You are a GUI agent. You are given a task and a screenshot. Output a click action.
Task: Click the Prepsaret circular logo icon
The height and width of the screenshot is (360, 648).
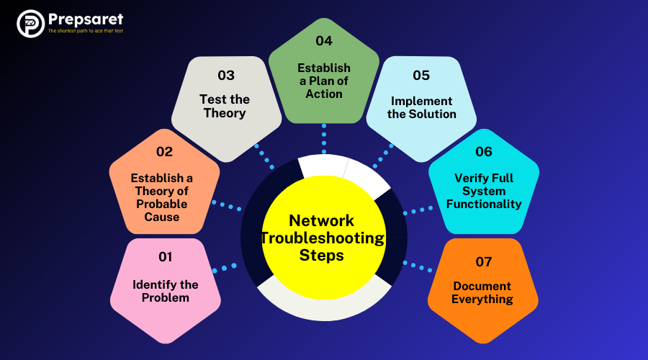pyautogui.click(x=30, y=24)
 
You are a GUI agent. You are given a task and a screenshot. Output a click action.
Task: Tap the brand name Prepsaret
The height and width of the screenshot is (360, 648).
pyautogui.click(x=85, y=19)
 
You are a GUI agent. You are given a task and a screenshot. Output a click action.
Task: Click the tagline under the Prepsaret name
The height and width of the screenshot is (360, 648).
pyautogui.click(x=85, y=32)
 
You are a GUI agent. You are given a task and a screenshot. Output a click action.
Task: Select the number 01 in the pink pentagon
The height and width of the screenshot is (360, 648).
pyautogui.click(x=166, y=257)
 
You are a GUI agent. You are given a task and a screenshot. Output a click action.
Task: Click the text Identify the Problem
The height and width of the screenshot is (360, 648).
pyautogui.click(x=166, y=291)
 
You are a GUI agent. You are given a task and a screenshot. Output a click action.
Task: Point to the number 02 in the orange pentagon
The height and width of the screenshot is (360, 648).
pyautogui.click(x=164, y=152)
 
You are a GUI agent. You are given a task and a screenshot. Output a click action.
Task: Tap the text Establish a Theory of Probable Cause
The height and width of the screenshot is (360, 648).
pyautogui.click(x=162, y=197)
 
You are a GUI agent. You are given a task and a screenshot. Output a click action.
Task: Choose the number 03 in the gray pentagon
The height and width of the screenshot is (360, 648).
pyautogui.click(x=226, y=75)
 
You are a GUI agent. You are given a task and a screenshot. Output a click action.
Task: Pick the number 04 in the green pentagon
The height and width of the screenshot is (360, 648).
pyautogui.click(x=324, y=41)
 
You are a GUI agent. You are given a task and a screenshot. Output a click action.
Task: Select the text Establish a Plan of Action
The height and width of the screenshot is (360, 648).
pyautogui.click(x=324, y=81)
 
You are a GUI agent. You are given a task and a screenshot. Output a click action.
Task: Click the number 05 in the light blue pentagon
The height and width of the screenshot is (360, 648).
pyautogui.click(x=421, y=75)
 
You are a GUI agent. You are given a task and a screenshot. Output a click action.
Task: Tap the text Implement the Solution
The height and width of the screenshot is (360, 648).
pyautogui.click(x=421, y=107)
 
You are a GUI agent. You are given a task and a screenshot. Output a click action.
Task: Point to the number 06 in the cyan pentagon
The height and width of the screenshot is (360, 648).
pyautogui.click(x=484, y=151)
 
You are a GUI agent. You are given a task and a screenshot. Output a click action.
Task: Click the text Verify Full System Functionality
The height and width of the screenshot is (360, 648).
pyautogui.click(x=484, y=191)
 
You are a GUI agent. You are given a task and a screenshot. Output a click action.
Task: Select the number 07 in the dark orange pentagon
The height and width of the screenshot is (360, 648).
pyautogui.click(x=484, y=261)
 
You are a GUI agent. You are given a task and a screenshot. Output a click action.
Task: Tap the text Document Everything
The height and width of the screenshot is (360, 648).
pyautogui.click(x=482, y=292)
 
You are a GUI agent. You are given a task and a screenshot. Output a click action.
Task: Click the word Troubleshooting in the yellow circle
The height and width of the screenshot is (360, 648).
pyautogui.click(x=323, y=238)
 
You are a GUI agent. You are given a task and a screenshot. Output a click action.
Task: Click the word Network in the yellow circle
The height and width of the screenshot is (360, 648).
pyautogui.click(x=321, y=221)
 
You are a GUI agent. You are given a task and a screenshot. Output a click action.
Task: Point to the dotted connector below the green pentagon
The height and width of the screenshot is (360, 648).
pyautogui.click(x=324, y=138)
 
